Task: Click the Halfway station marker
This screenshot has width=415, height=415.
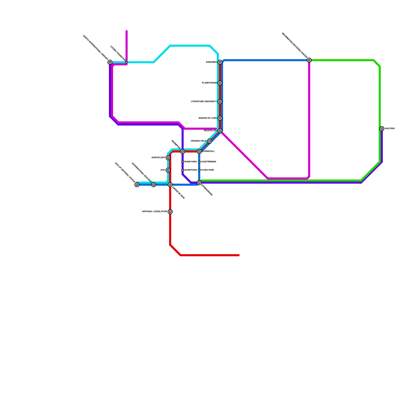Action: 382,129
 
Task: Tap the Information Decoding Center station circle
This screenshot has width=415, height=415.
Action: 309,60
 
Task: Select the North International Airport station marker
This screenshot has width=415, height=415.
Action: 110,62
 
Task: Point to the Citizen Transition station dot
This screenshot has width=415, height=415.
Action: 127,62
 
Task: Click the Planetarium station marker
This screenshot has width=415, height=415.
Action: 220,83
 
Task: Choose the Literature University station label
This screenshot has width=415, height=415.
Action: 204,102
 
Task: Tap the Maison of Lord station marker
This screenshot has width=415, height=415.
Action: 220,118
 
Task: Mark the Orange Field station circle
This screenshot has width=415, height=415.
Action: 210,141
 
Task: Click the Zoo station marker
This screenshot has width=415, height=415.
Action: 168,170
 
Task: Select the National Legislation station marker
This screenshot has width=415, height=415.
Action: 170,212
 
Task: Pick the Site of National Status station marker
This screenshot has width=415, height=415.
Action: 137,185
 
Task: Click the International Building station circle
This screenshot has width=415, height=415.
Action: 154,185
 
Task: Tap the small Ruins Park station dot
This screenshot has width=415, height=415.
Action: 183,162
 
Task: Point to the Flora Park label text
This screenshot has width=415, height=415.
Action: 208,170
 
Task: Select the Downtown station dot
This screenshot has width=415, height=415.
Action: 183,170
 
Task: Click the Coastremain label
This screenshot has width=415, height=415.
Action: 208,162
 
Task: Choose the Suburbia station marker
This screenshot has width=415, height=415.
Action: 220,62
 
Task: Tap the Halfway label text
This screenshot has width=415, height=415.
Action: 390,129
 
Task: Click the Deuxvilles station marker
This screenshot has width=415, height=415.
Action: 220,131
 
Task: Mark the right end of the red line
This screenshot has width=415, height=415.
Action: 239,255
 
